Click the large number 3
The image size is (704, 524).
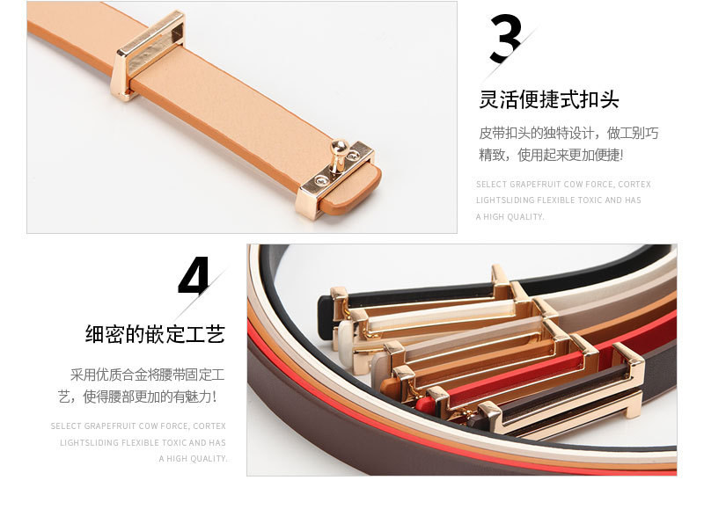(x=505, y=39)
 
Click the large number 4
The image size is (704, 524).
(x=194, y=276)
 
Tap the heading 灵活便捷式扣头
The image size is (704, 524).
(x=548, y=99)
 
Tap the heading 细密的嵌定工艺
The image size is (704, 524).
(x=155, y=334)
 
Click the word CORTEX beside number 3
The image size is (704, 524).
(x=634, y=185)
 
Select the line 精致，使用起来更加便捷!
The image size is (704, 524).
(x=551, y=155)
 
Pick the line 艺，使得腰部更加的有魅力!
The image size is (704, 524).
(x=137, y=397)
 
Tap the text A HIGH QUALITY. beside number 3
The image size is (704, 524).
(x=510, y=216)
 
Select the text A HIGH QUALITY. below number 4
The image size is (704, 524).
(x=193, y=458)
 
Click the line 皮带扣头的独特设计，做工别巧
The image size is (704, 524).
(x=568, y=133)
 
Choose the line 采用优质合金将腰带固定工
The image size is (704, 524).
(x=147, y=374)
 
